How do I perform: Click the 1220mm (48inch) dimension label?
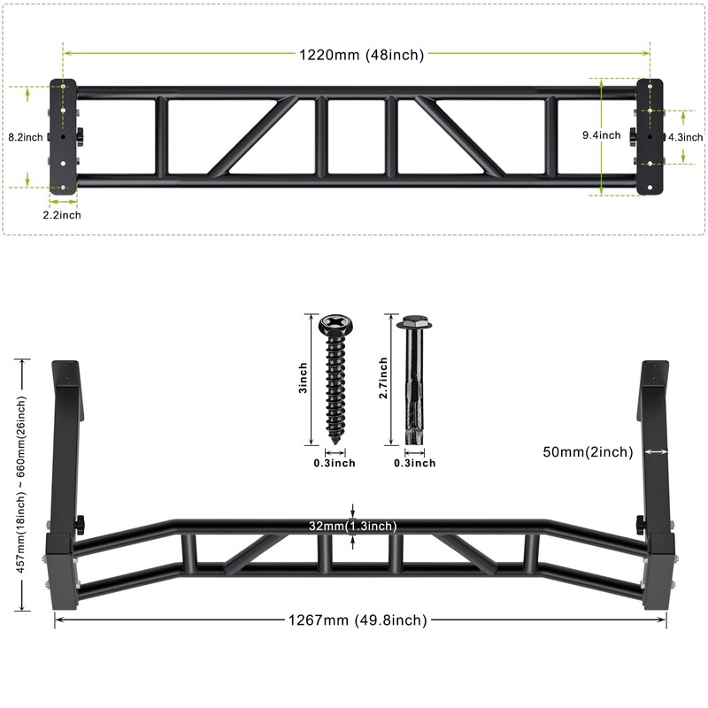[x=361, y=55]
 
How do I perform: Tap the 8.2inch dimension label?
[x=25, y=137]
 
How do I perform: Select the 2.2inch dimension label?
[x=63, y=215]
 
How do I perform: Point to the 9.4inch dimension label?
[x=601, y=135]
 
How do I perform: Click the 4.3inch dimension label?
[x=684, y=137]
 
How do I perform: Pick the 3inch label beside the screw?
[x=303, y=378]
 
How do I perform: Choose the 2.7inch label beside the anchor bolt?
[x=383, y=378]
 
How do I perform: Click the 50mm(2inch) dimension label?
[x=588, y=452]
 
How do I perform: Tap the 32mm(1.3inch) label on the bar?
[x=352, y=526]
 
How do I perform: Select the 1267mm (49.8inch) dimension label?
[x=358, y=620]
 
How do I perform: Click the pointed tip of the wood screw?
[x=336, y=440]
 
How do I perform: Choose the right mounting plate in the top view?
[x=650, y=135]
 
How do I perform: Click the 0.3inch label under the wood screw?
[x=335, y=463]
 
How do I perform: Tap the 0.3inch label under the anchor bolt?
[x=414, y=463]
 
